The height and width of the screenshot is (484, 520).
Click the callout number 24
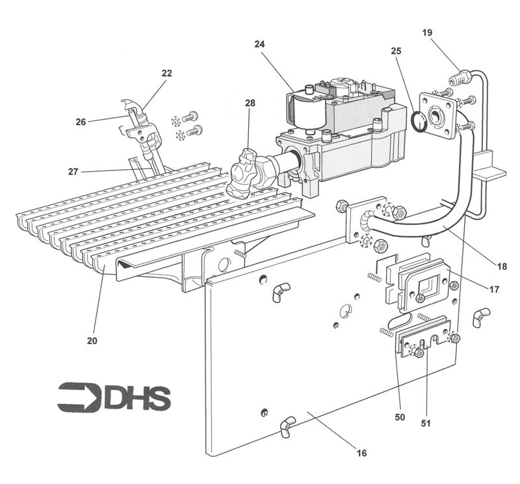(x=259, y=45)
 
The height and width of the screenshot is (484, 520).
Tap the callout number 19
(x=426, y=32)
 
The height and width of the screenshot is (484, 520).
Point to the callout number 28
(x=250, y=103)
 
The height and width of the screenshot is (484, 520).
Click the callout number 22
(x=166, y=74)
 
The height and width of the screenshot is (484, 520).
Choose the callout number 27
(x=74, y=172)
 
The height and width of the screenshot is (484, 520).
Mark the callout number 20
(x=92, y=340)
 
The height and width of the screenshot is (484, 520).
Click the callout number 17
(x=495, y=289)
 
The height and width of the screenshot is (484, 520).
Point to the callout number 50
(x=400, y=416)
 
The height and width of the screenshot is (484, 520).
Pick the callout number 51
(x=426, y=423)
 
